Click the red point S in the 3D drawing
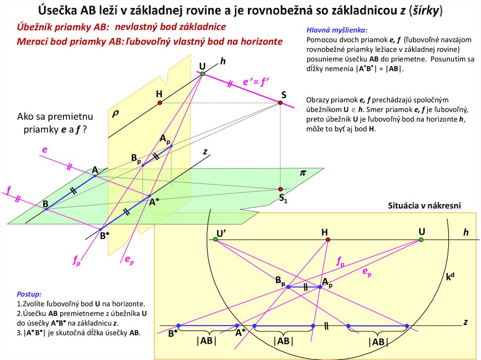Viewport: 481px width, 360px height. (280, 103)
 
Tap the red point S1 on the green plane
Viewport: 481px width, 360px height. (280, 189)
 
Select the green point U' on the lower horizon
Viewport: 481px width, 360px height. (215, 240)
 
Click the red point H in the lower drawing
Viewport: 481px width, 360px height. (328, 240)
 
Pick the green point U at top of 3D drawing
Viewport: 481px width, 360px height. (202, 74)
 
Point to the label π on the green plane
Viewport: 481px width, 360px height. (303, 173)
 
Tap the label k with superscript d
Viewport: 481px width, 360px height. (450, 277)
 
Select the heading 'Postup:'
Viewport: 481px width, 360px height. (29, 294)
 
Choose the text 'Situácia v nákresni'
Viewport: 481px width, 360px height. (425, 206)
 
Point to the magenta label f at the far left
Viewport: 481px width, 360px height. (8, 190)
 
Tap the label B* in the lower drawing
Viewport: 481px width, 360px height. (172, 334)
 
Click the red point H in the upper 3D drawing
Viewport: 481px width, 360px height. (160, 102)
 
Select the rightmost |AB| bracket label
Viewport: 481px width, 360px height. (379, 342)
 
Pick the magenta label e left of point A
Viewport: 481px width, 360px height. (45, 150)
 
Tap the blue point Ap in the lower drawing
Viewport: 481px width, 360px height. (320, 286)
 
